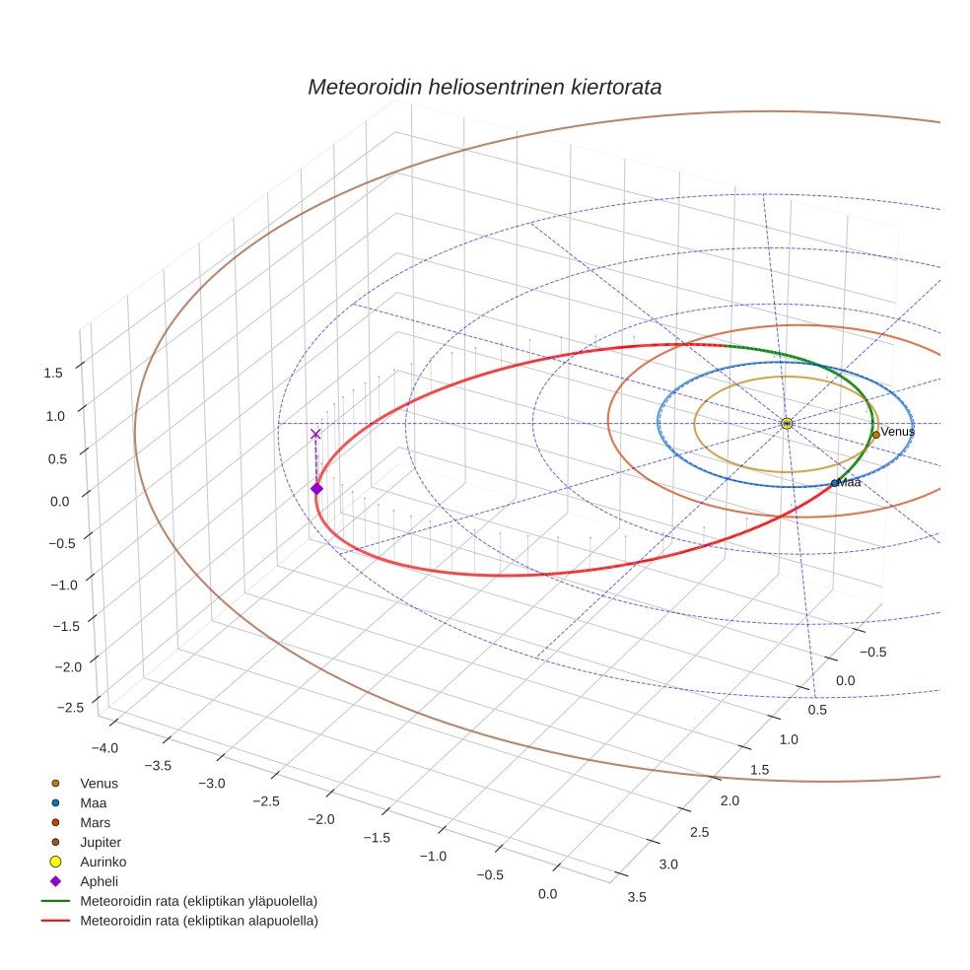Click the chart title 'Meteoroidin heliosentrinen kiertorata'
[x=484, y=87]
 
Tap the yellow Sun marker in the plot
[x=787, y=423]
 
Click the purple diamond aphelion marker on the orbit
[x=316, y=488]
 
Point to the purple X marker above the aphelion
[x=315, y=434]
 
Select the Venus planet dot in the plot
[x=875, y=435]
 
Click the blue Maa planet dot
[x=835, y=483]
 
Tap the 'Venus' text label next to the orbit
[x=897, y=432]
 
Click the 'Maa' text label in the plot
[x=850, y=483]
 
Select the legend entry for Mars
[x=95, y=822]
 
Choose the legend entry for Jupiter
[x=100, y=842]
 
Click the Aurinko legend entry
[x=103, y=862]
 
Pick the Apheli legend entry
[x=99, y=881]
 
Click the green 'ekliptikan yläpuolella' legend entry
[x=198, y=901]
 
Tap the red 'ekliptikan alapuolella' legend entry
[x=198, y=921]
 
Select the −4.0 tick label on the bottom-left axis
[x=104, y=747]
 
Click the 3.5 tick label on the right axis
[x=637, y=896]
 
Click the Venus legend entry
[x=99, y=783]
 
